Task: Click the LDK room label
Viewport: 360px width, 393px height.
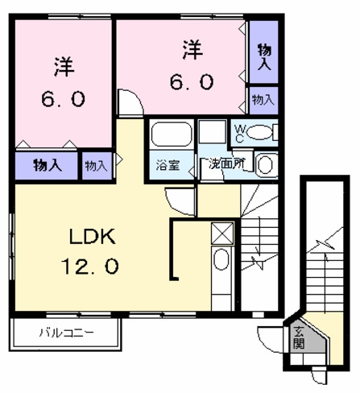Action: tap(93, 236)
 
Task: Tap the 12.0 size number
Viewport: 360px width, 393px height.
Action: tap(90, 266)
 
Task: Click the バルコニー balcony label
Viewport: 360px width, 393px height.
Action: tap(67, 333)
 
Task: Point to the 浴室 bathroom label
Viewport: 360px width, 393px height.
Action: tap(168, 165)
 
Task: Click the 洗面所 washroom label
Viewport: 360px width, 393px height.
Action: tap(227, 163)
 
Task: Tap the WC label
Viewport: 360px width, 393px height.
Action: tap(240, 134)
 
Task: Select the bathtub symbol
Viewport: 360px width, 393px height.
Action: tap(172, 134)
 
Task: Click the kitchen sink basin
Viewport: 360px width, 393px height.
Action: tap(221, 259)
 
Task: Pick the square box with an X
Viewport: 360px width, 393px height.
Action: tap(222, 234)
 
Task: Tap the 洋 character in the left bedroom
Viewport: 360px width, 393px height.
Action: tap(64, 67)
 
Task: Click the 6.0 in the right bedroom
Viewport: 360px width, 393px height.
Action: tap(192, 82)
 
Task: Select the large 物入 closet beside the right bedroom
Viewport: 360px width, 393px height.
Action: tap(264, 52)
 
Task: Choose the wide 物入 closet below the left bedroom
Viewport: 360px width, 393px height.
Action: tap(47, 166)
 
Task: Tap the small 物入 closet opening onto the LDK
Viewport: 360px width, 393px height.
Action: tap(97, 166)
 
